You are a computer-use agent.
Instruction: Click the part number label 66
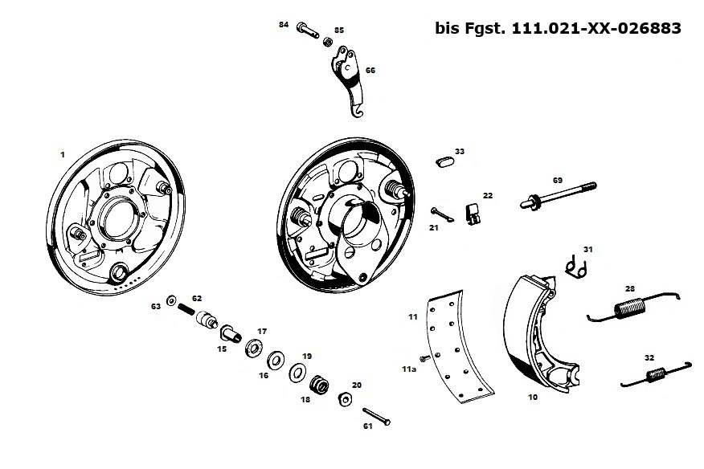click(x=370, y=71)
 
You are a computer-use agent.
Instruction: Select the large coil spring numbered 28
click(x=629, y=307)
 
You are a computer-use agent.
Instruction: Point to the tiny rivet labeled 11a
click(x=421, y=357)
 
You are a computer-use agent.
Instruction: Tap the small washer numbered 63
click(x=172, y=300)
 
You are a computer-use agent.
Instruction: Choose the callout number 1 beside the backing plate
click(x=62, y=152)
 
